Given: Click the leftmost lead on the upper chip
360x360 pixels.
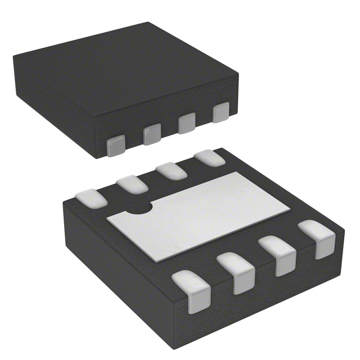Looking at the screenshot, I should click(116, 145).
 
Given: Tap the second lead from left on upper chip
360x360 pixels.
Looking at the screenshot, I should click(151, 134).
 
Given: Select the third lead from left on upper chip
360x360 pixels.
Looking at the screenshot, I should click(187, 124).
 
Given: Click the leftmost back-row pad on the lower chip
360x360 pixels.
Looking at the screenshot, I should click(89, 197).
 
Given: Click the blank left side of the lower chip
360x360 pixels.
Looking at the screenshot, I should click(112, 264).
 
